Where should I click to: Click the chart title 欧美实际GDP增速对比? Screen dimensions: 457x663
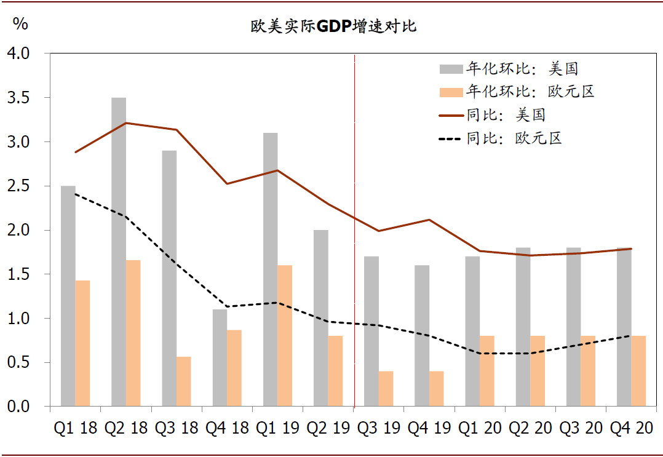pos(333,26)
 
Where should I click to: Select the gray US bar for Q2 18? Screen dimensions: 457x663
pos(119,252)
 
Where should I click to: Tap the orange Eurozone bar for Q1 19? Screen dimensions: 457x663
pos(285,336)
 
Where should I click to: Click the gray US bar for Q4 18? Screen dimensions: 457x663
pos(220,358)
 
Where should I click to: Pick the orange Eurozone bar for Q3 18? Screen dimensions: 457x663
pos(183,381)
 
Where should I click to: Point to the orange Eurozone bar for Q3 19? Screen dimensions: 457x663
pos(386,389)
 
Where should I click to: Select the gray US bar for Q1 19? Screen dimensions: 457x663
pos(270,269)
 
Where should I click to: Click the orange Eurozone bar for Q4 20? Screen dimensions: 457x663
pos(638,371)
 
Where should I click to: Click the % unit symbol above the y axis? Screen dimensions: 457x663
pos(20,25)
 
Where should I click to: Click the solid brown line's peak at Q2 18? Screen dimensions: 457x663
pos(125,123)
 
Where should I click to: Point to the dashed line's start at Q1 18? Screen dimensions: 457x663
pos(75,194)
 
